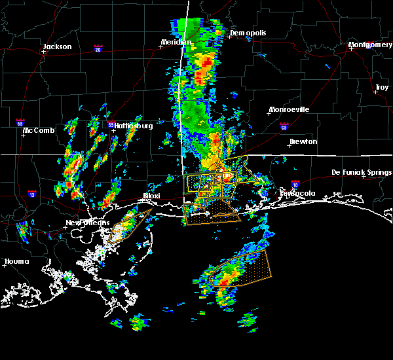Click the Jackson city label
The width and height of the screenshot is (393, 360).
tap(57, 46)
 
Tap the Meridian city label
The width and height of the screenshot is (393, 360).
tap(176, 43)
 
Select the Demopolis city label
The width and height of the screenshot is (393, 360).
tap(245, 33)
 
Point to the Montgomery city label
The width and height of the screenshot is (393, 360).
tap(370, 45)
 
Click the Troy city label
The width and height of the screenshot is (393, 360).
tap(381, 88)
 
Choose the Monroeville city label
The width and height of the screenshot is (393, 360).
tap(289, 109)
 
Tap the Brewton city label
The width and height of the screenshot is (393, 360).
tap(303, 141)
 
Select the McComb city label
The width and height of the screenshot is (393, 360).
tap(38, 130)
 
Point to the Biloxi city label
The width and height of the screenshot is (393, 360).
tap(152, 196)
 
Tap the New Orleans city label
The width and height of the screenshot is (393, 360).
tap(87, 223)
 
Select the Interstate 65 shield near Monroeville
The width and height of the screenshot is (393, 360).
tap(283, 126)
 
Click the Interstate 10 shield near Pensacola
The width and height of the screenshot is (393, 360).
tap(295, 185)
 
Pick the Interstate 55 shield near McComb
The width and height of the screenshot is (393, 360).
tap(20, 122)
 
